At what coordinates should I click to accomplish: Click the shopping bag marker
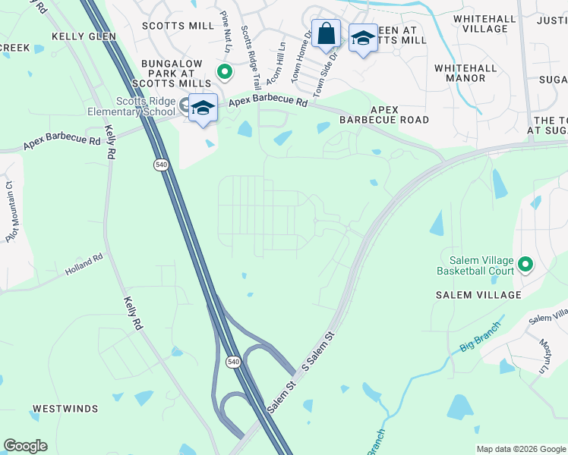pyautogui.click(x=326, y=34)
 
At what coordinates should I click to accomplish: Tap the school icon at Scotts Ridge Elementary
pyautogui.click(x=203, y=108)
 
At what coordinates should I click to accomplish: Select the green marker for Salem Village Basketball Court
pyautogui.click(x=525, y=265)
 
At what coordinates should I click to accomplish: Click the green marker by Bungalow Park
pyautogui.click(x=225, y=73)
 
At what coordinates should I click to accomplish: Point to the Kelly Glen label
pyautogui.click(x=84, y=36)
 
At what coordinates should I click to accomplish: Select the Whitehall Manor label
pyautogui.click(x=471, y=73)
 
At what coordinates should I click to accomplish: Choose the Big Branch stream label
pyautogui.click(x=480, y=337)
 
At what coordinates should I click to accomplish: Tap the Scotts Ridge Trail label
pyautogui.click(x=251, y=58)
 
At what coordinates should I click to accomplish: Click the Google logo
pyautogui.click(x=25, y=446)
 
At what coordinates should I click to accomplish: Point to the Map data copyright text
pyautogui.click(x=520, y=449)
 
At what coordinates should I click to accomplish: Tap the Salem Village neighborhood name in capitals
pyautogui.click(x=478, y=294)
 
